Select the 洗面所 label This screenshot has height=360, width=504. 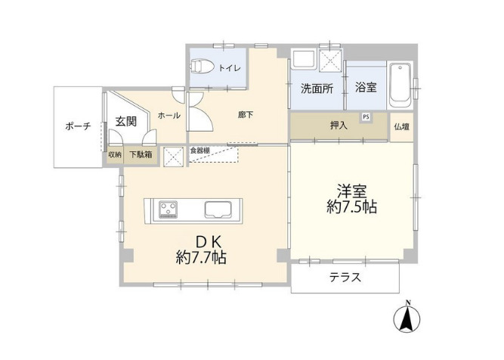click(x=316, y=88)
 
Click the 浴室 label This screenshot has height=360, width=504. click(x=366, y=88)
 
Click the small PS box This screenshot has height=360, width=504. click(x=366, y=116)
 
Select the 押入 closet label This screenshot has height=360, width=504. click(x=339, y=126)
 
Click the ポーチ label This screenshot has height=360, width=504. click(x=78, y=126)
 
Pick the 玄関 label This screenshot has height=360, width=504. click(x=126, y=120)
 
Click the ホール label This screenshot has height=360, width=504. click(x=169, y=115)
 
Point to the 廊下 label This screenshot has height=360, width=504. click(x=246, y=115)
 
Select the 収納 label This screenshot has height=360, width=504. click(x=114, y=154)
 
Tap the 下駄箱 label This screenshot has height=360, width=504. click(x=141, y=154)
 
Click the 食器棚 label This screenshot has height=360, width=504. click(x=199, y=150)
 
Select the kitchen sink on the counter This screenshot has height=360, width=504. click(x=221, y=209)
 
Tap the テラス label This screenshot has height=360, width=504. click(x=344, y=278)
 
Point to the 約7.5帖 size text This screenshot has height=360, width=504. click(x=352, y=206)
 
